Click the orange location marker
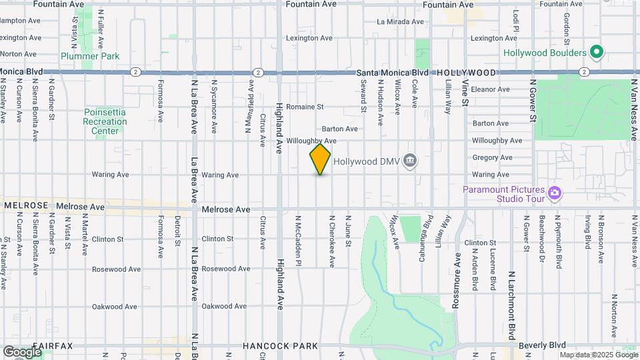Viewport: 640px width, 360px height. point(320,159)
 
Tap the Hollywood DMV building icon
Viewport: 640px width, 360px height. point(411,160)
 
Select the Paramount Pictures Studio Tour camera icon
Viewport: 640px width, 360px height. point(554,193)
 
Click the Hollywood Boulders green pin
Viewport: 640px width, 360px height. point(597,52)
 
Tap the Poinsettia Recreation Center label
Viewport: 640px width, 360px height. point(105,122)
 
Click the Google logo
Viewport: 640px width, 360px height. point(22,352)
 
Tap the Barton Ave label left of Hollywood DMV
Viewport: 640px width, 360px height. point(340,129)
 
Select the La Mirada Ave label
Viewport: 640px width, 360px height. point(400,21)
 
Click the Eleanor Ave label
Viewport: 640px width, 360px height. point(490,89)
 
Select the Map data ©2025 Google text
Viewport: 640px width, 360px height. point(598,355)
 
